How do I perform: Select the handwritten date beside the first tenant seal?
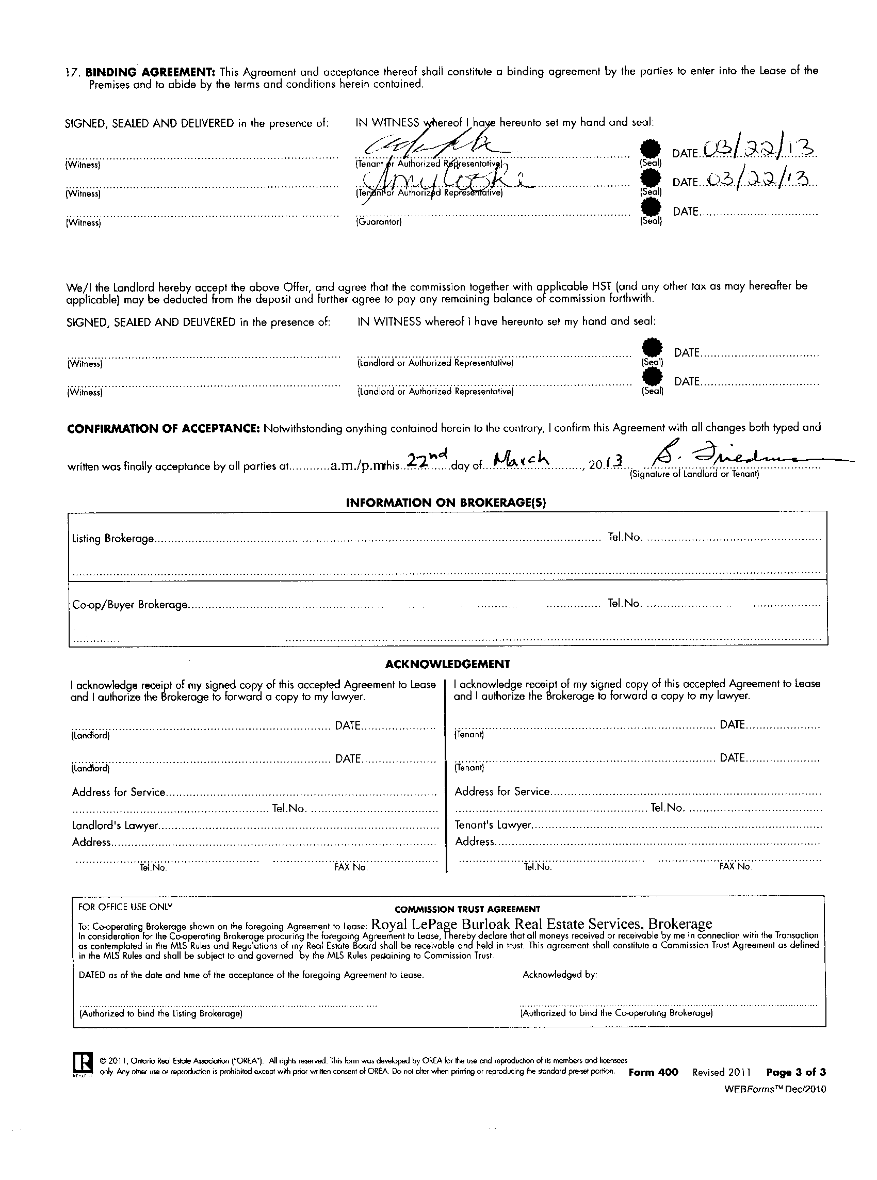click(x=760, y=150)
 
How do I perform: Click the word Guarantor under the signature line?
click(x=379, y=222)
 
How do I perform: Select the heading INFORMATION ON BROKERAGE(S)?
click(x=446, y=503)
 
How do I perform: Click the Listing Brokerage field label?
click(x=113, y=539)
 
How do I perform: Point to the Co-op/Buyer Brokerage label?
click(x=129, y=605)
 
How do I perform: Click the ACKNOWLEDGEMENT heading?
click(x=447, y=664)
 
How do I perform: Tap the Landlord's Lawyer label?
click(x=115, y=826)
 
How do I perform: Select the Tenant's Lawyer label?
click(x=493, y=826)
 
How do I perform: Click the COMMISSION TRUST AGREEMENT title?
click(x=467, y=909)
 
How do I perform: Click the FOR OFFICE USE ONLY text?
click(x=125, y=907)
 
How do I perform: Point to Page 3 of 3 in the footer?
click(x=796, y=1072)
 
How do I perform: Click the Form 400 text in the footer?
click(x=653, y=1072)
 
